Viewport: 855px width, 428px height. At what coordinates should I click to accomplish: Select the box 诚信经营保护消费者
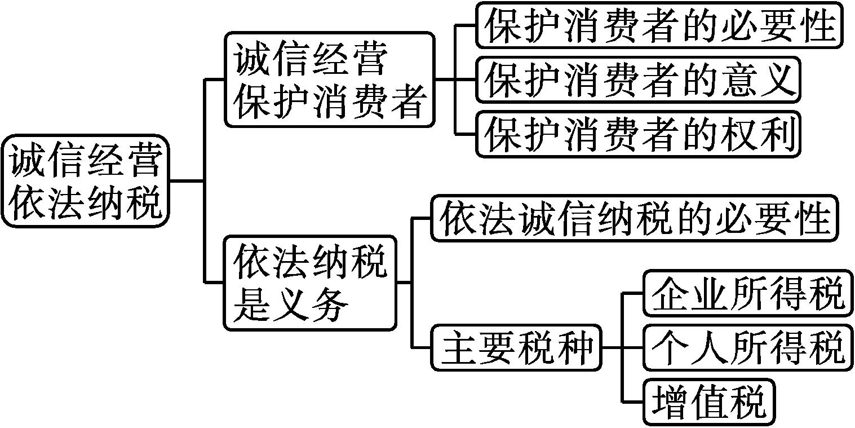(x=330, y=80)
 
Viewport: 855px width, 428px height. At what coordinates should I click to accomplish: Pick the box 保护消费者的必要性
(x=659, y=25)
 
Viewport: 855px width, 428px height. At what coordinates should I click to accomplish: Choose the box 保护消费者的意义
(x=638, y=80)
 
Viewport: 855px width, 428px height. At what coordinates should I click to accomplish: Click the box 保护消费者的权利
(x=638, y=134)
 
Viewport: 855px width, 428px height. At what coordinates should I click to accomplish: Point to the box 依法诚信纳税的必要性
(x=635, y=218)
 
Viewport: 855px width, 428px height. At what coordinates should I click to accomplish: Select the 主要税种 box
(x=516, y=347)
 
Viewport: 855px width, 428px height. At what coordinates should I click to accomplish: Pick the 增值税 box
(x=709, y=402)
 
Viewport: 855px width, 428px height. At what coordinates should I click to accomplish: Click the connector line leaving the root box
(x=187, y=181)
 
